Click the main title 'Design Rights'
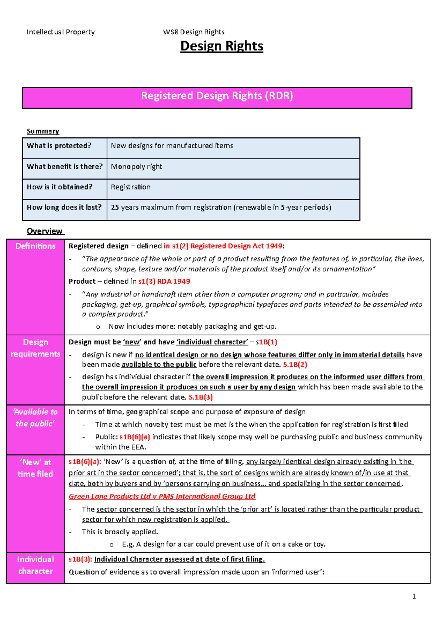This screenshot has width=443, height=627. pos(221,46)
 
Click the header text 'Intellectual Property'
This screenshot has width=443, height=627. pos(61,32)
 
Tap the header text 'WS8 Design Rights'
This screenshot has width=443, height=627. pos(193,32)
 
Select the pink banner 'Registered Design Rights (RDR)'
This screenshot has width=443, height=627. pos(217,97)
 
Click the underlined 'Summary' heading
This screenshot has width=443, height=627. pos(43,131)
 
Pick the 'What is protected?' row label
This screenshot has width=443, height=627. pos(59,146)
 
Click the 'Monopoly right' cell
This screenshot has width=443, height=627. pos(136,167)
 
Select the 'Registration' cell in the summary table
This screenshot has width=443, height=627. pos(131,187)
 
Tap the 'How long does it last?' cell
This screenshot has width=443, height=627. pos(64,208)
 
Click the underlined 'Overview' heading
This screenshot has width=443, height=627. pos(45,231)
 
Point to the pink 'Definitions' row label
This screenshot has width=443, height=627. pos(35,246)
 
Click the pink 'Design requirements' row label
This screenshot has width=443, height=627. pos(35,348)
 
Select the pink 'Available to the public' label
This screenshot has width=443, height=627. pos(35,418)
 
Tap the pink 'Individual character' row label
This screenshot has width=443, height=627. pos(35,565)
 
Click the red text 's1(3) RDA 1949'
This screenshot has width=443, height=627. pos(164,281)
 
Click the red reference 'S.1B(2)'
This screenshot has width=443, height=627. pos(295,365)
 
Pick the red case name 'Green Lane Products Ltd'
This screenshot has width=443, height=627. pos(110,497)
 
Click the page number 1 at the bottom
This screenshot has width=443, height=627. pos(414,596)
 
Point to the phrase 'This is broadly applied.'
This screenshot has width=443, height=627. pos(120,532)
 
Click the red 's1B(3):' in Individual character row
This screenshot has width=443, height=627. pos(80,559)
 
